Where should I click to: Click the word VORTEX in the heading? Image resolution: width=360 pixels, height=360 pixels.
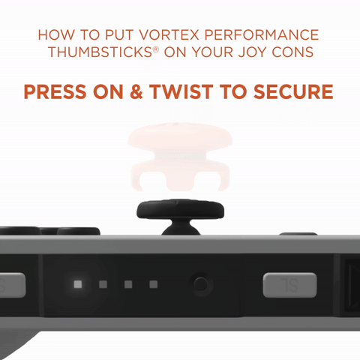point(169,34)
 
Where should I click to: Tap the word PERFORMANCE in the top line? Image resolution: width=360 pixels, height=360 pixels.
point(262,34)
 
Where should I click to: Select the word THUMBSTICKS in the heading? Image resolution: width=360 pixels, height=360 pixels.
point(100,52)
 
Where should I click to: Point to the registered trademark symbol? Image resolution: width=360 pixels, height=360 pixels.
point(156,49)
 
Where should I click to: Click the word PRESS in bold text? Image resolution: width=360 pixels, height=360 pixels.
point(55,91)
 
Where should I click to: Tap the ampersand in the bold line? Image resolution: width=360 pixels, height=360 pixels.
point(136,91)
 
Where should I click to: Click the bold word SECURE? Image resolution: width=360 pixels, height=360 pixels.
point(293,91)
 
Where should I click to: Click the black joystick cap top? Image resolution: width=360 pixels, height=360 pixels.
point(180,210)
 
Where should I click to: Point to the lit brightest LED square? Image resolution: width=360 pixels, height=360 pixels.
point(78,284)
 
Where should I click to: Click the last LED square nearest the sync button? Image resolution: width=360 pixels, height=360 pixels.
point(154,284)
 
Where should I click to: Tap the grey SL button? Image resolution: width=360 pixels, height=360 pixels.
point(289,285)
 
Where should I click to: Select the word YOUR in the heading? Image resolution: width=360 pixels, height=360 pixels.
point(211,52)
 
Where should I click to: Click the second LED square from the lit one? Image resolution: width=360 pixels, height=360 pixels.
point(128,284)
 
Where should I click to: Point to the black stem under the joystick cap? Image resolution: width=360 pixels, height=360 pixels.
point(181,227)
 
